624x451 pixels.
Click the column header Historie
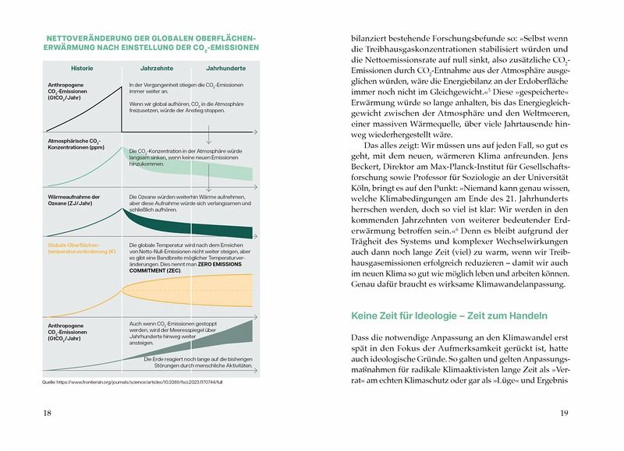[82, 68]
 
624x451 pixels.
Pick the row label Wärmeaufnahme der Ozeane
[76, 200]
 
